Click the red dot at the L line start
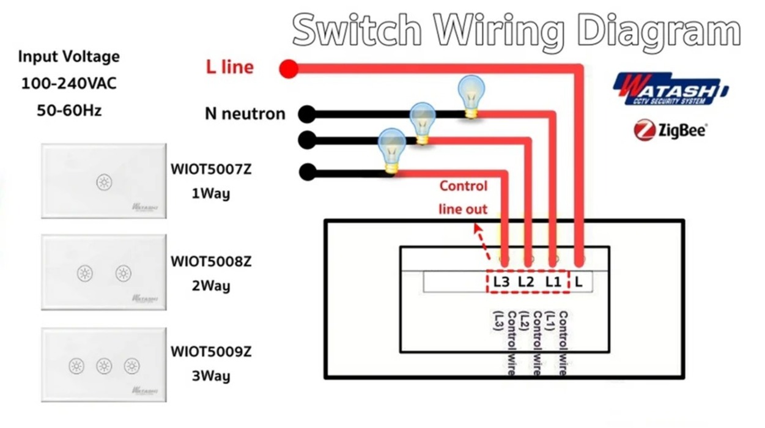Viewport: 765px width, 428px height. pyautogui.click(x=289, y=68)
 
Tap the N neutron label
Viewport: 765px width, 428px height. pyautogui.click(x=245, y=114)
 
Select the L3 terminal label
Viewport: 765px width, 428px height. pyautogui.click(x=501, y=282)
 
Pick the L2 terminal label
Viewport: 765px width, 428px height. pyautogui.click(x=526, y=282)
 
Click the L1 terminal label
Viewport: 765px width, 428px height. pyautogui.click(x=553, y=282)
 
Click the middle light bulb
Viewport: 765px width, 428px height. pyautogui.click(x=422, y=122)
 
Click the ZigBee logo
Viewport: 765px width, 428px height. pyautogui.click(x=670, y=130)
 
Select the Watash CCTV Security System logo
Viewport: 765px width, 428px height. pyautogui.click(x=671, y=89)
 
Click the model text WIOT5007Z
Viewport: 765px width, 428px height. pyautogui.click(x=210, y=170)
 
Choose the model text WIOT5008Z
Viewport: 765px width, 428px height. pyautogui.click(x=210, y=262)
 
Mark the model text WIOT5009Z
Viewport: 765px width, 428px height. pyautogui.click(x=210, y=352)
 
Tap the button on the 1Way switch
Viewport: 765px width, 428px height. pyautogui.click(x=104, y=182)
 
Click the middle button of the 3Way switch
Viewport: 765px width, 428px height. pyautogui.click(x=104, y=366)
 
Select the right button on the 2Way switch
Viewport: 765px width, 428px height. pyautogui.click(x=124, y=273)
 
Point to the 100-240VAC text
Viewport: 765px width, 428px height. pyautogui.click(x=68, y=84)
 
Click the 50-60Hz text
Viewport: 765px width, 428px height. pyautogui.click(x=68, y=111)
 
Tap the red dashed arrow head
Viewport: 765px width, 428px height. pyautogui.click(x=478, y=227)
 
